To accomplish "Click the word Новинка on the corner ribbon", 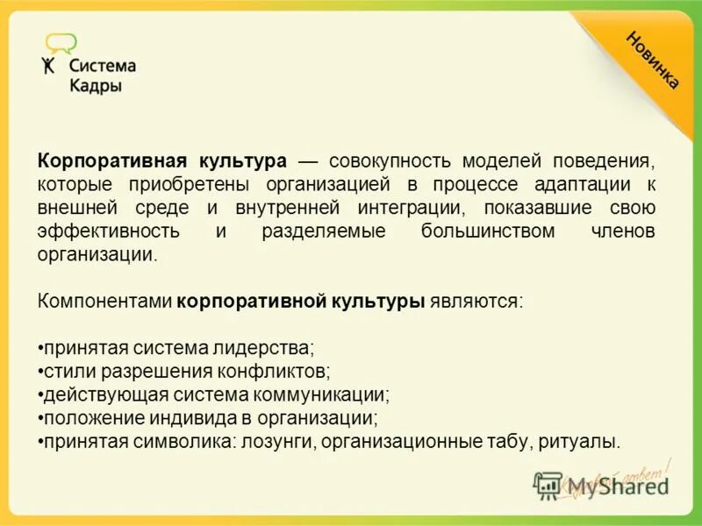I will tap(652, 59).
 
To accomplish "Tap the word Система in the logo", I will tap(103, 66).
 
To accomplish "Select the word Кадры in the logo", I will tap(95, 86).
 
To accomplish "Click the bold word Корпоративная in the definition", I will tap(111, 162).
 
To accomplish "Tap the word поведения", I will tap(604, 162).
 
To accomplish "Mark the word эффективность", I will tap(109, 231).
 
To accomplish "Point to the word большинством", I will tap(488, 231).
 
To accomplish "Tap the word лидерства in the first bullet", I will tap(271, 347).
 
